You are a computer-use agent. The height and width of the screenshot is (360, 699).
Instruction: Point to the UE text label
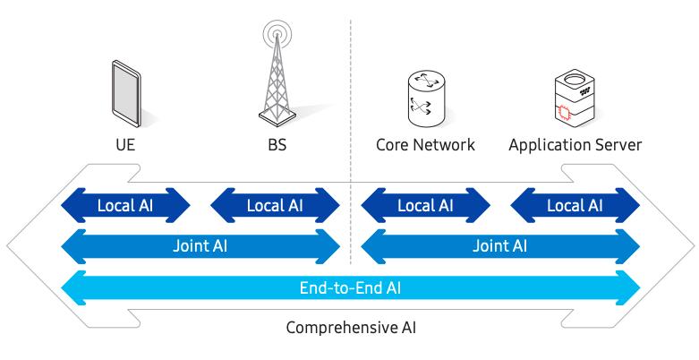[x=125, y=144]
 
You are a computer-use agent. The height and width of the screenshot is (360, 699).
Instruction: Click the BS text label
[x=276, y=144]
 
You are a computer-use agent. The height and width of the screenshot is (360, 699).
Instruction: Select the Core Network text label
[x=425, y=144]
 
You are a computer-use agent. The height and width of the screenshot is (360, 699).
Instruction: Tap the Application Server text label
[x=575, y=144]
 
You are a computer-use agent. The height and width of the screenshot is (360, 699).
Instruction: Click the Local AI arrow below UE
[x=125, y=205]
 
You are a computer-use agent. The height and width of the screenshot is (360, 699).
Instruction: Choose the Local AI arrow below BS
[x=275, y=205]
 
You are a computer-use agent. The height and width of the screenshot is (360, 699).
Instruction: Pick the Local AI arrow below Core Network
[x=425, y=205]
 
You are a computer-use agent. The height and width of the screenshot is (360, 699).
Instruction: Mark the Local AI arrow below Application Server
[x=575, y=205]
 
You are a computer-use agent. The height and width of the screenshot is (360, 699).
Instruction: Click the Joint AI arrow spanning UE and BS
[x=200, y=245]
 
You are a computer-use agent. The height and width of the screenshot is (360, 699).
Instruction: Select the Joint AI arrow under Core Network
[x=500, y=245]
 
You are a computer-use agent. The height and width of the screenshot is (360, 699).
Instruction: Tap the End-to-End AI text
[x=350, y=288]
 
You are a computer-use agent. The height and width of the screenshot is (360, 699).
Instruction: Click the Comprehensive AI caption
[x=350, y=327]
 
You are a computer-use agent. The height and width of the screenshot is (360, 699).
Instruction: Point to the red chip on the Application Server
[x=563, y=113]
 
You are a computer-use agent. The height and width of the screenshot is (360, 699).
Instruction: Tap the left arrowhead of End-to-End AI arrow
[x=72, y=288]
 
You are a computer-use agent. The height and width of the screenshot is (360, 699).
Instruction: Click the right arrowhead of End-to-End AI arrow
[x=630, y=288]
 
